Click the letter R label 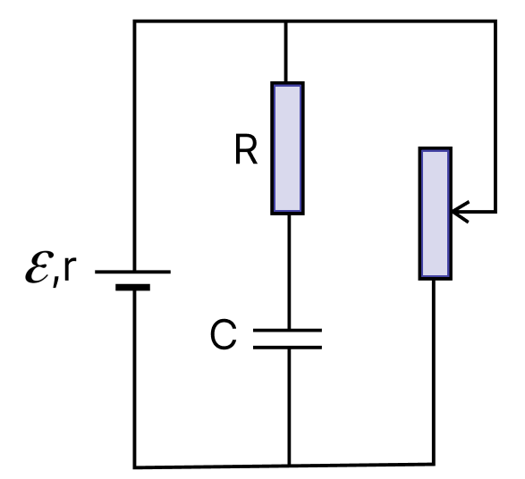[x=246, y=149]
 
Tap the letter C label [x=224, y=334]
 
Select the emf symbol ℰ [x=39, y=267]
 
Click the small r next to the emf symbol [x=70, y=268]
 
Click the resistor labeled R [x=287, y=147]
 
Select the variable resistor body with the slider [x=436, y=213]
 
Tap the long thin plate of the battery [x=133, y=272]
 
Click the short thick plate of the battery [x=133, y=288]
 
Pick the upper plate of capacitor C [x=288, y=331]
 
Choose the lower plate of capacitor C [x=288, y=348]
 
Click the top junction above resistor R [x=285, y=21]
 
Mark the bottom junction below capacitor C [x=289, y=465]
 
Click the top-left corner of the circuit [x=134, y=21]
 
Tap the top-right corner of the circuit [x=495, y=21]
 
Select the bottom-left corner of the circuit [x=134, y=467]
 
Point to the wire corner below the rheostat [x=434, y=464]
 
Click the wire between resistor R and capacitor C [x=289, y=272]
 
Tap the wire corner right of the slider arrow [x=495, y=212]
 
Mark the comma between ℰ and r [x=56, y=281]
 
